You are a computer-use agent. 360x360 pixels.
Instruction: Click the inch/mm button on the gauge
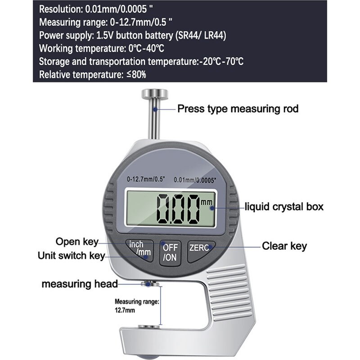[139, 248]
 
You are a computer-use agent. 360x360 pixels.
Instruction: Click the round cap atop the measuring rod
[154, 94]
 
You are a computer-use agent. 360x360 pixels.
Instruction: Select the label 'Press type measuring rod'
[238, 108]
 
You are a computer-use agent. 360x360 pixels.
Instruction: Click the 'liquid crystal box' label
[284, 207]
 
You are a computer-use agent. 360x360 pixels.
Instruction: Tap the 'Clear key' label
[284, 246]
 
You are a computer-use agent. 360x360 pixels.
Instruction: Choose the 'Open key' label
[76, 242]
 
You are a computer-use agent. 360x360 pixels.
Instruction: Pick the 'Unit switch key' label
[71, 256]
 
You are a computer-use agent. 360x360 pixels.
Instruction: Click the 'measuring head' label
[80, 284]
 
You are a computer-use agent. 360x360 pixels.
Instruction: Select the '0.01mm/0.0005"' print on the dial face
[195, 180]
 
